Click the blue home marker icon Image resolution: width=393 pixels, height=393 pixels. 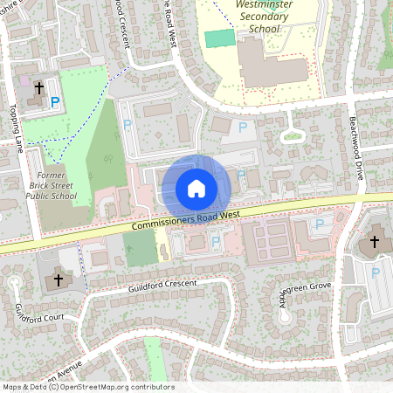(x=196, y=188)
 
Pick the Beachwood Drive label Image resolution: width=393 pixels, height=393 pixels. (x=356, y=148)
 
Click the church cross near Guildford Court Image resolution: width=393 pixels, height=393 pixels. (x=59, y=280)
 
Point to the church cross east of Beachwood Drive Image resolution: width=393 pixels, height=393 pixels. (x=375, y=241)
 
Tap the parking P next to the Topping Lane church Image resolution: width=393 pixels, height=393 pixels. (x=55, y=103)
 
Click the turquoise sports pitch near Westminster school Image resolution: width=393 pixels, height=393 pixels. (x=219, y=38)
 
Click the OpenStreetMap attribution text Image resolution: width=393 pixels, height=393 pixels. (x=87, y=387)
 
